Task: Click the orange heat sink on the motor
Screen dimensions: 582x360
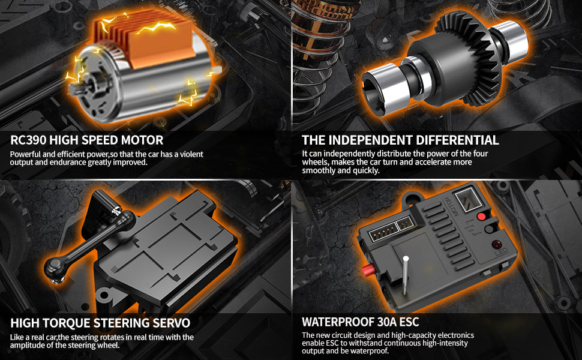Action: [145, 41]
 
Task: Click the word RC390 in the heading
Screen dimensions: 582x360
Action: [28, 140]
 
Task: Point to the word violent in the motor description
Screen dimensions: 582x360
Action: [191, 154]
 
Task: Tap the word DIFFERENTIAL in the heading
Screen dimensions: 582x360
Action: [457, 140]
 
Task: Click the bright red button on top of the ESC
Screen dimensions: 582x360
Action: [481, 217]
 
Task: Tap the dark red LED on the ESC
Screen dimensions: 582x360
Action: [496, 244]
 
